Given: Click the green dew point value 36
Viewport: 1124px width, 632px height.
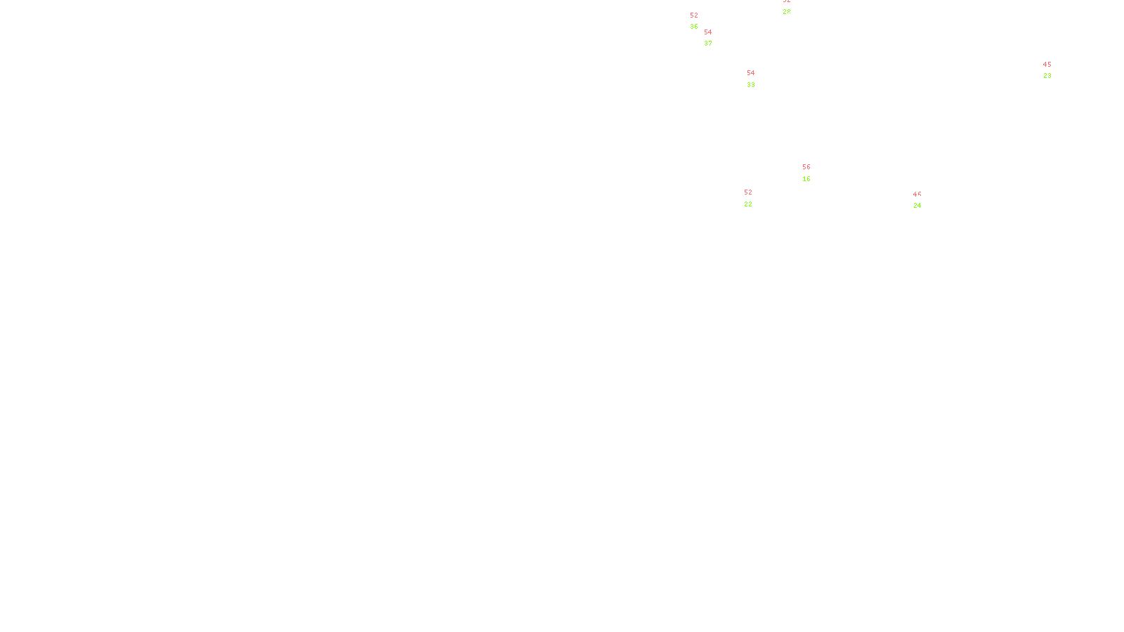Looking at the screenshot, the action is point(694,27).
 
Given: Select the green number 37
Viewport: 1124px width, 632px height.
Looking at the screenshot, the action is point(708,44).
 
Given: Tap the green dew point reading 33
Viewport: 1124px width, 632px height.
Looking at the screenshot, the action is point(751,85).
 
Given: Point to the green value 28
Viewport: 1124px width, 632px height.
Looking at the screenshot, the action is point(787,12).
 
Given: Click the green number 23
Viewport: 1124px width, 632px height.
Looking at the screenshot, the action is point(1047,76).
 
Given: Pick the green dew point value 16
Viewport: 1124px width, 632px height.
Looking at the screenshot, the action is point(806,179).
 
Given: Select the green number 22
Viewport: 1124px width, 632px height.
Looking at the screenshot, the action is point(748,204).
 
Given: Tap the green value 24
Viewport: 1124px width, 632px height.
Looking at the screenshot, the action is point(917,206).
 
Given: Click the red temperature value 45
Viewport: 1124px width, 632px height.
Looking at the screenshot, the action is point(1047,65).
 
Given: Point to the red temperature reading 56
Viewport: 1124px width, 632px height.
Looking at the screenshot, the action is point(806,167).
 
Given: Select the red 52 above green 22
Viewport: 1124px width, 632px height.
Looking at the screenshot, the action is point(748,192).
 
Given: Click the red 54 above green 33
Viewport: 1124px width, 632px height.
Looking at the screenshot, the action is point(751,73).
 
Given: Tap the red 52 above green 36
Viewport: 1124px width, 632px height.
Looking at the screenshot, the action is point(694,15).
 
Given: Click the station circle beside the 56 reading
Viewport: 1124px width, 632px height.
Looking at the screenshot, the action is point(813,173).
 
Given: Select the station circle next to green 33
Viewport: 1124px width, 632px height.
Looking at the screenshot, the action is point(758,79).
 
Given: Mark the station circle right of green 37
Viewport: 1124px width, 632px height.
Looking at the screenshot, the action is point(715,38).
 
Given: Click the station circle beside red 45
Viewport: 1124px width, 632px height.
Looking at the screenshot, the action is point(1054,70).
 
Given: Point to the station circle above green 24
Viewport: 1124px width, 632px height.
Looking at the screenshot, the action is point(924,200).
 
